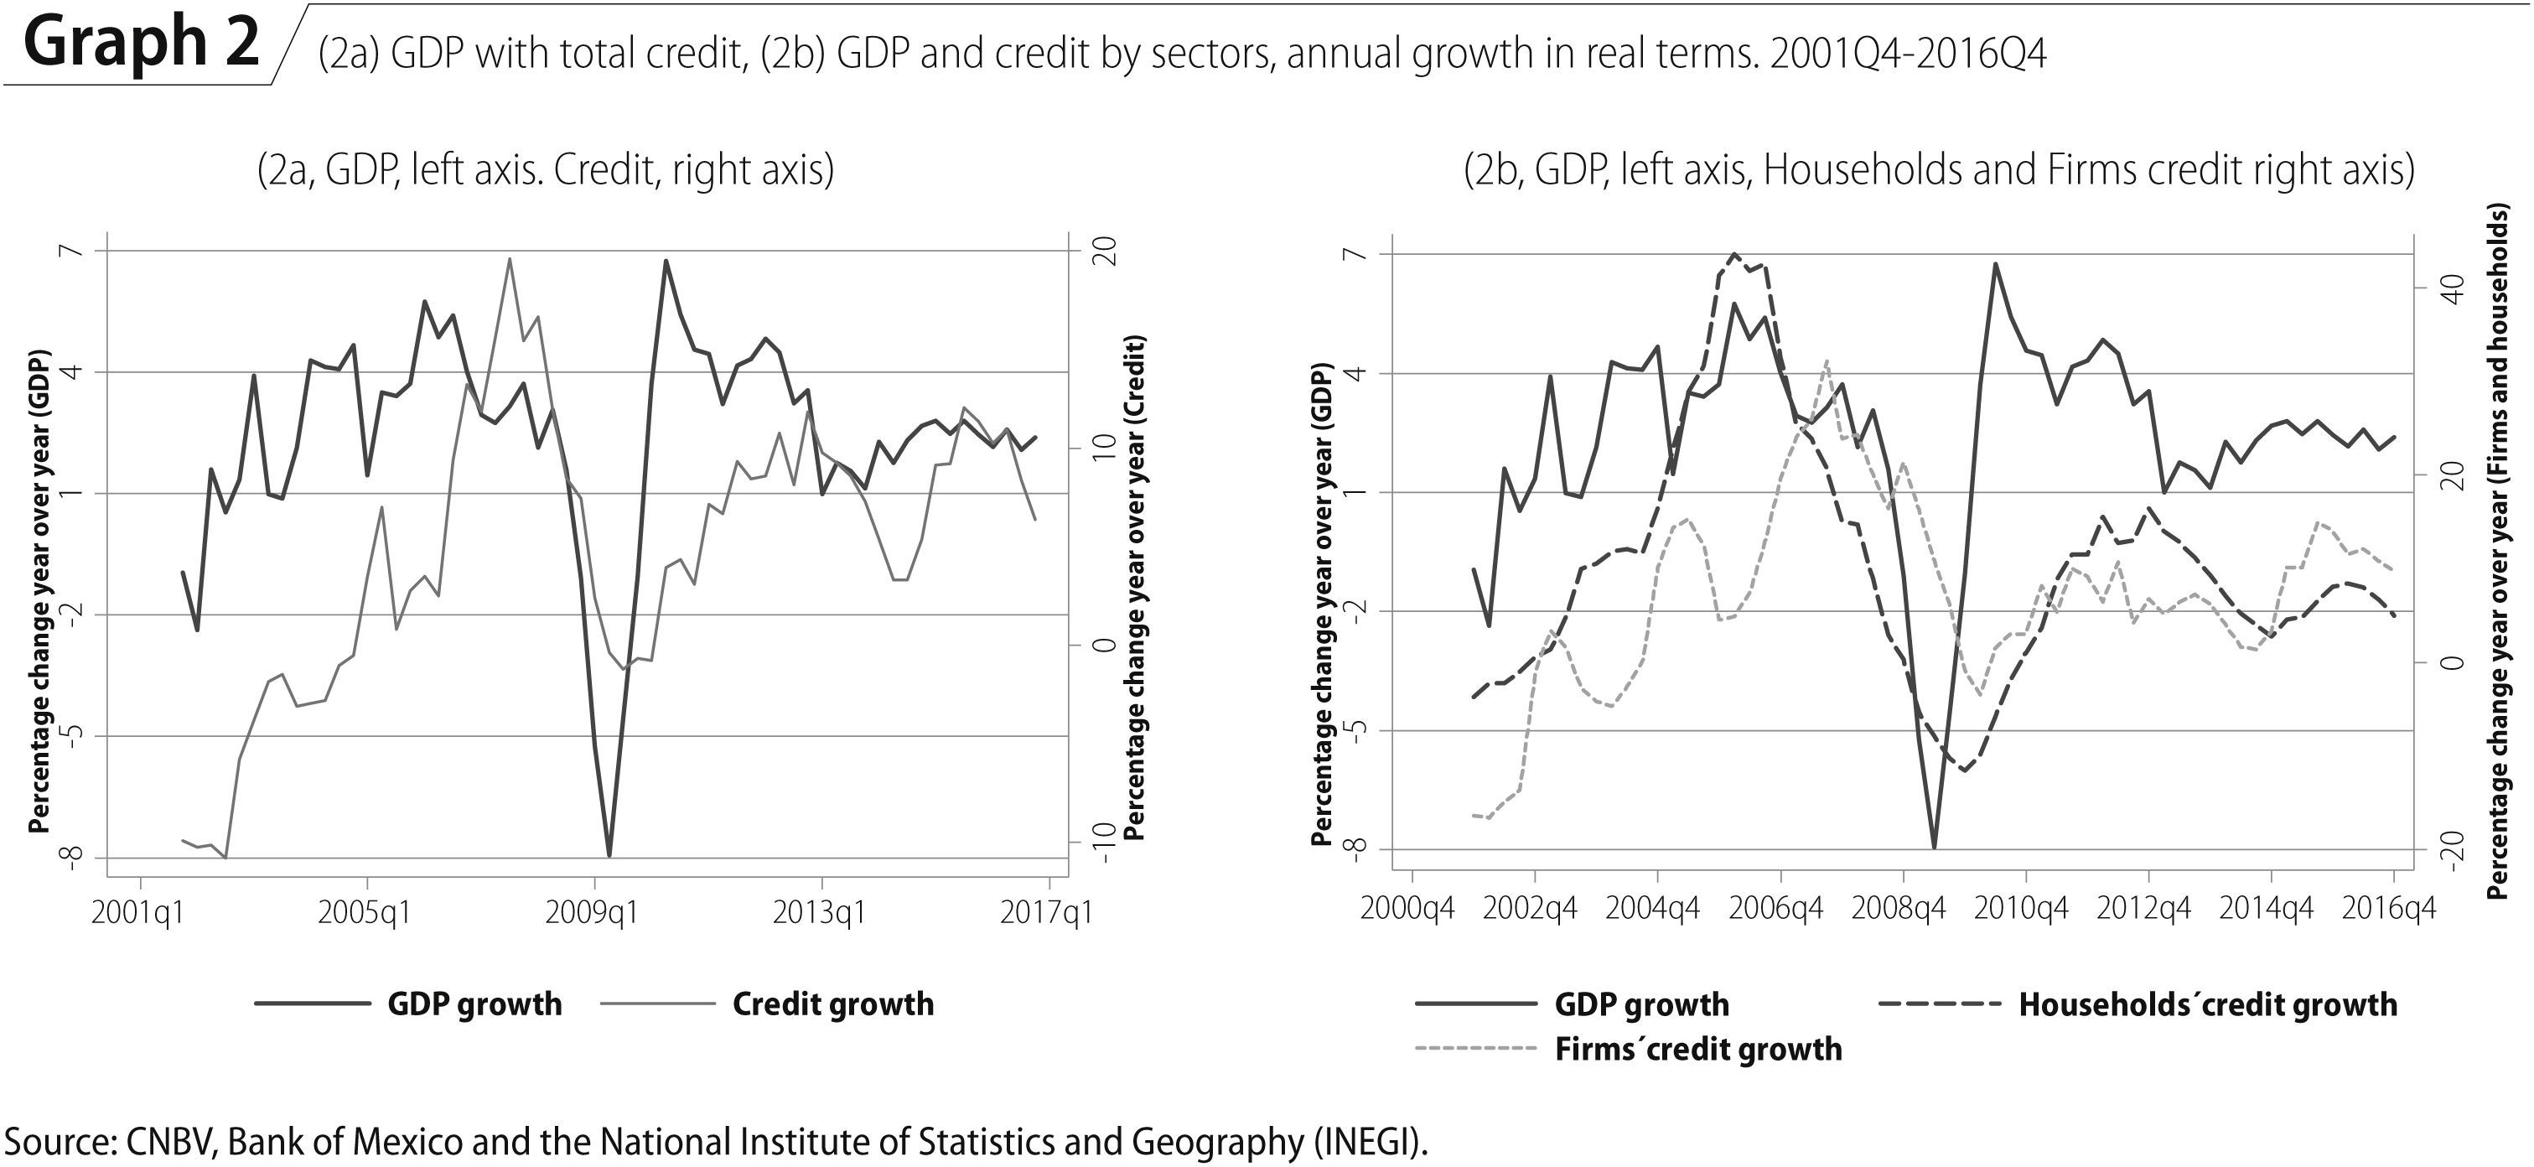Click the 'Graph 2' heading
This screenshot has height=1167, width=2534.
142,44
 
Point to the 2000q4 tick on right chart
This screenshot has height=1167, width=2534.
1407,907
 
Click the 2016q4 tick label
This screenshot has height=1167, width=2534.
2389,907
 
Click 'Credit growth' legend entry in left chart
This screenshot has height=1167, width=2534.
832,1004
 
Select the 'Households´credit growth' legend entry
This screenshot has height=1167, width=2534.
2207,1004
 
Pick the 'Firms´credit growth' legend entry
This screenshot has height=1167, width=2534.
1698,1049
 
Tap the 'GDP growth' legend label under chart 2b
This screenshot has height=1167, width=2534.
1640,1004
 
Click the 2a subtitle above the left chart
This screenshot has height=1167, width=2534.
545,170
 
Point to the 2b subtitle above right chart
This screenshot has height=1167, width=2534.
1939,170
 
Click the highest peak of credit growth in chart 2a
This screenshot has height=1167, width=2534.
509,259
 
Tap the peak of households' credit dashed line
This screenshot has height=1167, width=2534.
1734,254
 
